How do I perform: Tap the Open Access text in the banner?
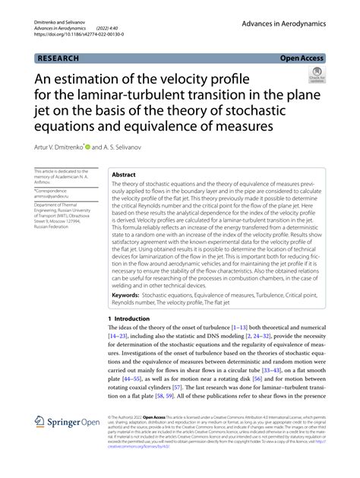coord(302,58)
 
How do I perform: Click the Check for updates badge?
coord(314,74)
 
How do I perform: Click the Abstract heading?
coord(124,174)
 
